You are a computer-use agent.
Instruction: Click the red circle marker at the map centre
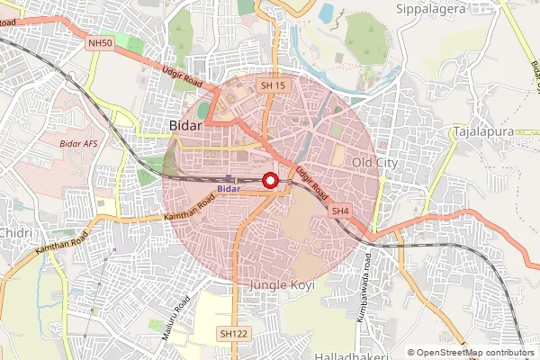270,180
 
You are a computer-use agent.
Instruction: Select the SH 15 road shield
272,85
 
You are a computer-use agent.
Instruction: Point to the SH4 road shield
339,211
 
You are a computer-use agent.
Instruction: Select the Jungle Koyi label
278,284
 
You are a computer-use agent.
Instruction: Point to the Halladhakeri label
356,356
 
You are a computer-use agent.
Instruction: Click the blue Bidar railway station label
229,189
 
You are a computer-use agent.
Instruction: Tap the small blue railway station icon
229,177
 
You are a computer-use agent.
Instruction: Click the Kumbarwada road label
367,274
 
